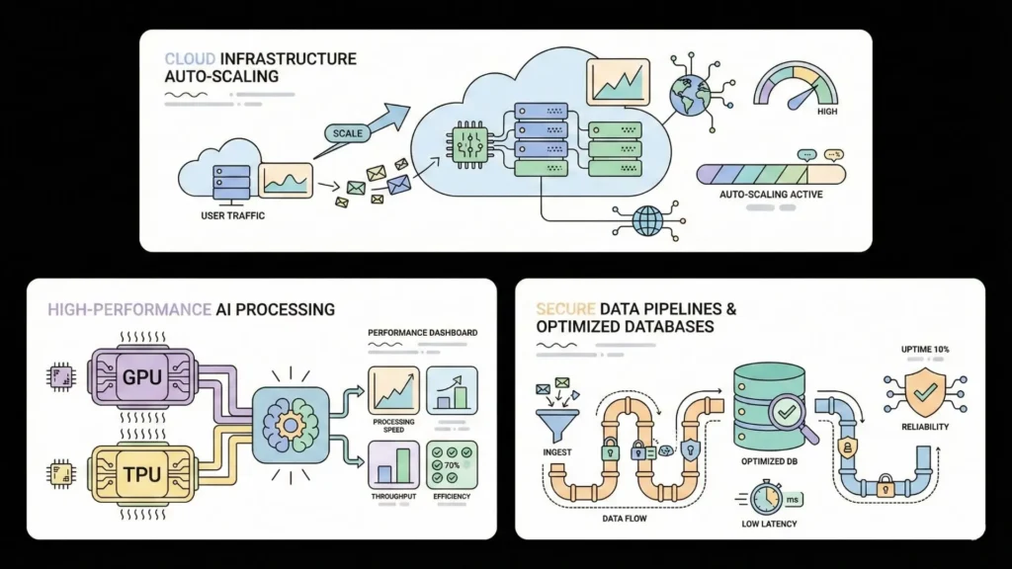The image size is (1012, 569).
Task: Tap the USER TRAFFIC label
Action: click(x=232, y=215)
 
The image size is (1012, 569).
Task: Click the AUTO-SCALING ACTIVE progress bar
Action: click(x=771, y=175)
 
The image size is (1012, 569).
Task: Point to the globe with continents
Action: click(x=684, y=97)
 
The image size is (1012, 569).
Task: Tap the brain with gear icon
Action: click(x=289, y=424)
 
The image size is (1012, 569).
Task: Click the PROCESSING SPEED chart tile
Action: click(x=393, y=390)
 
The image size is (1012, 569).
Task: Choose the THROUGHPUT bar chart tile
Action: click(x=393, y=464)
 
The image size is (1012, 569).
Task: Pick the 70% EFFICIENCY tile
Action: click(x=452, y=464)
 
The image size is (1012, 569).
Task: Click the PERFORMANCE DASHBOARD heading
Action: click(x=422, y=333)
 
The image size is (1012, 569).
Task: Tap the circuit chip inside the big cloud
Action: click(x=465, y=141)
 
